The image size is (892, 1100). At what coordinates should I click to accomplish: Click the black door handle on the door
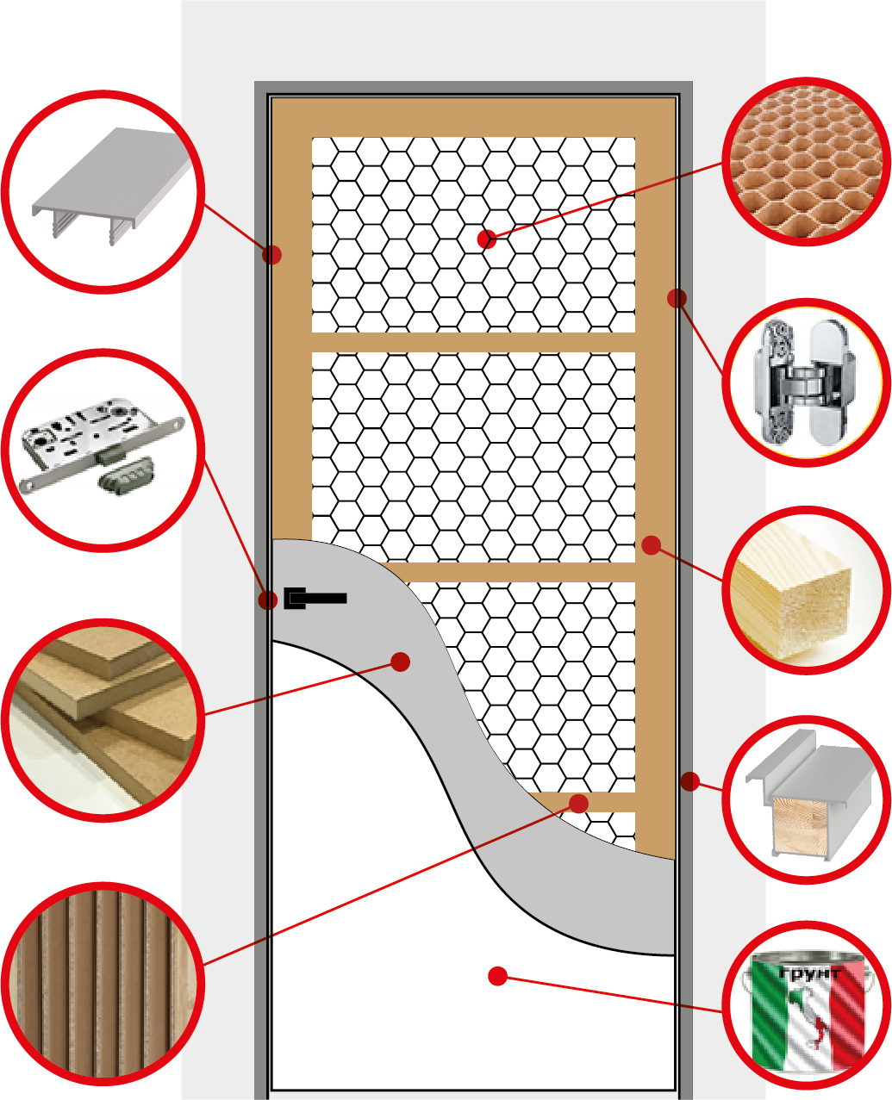[x=315, y=598]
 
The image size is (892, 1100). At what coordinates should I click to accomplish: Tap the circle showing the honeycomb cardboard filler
[x=806, y=162]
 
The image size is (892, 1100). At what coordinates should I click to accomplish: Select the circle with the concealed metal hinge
[x=806, y=382]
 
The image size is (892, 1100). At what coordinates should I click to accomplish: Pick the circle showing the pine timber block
[x=806, y=590]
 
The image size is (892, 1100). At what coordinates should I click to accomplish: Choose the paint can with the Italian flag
[x=808, y=1010]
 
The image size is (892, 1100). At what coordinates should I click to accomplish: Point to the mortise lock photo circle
[x=103, y=450]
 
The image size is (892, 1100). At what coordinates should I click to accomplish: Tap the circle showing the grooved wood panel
[x=103, y=982]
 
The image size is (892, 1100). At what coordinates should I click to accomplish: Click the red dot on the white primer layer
[x=497, y=976]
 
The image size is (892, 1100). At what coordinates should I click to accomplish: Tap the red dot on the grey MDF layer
[x=400, y=662]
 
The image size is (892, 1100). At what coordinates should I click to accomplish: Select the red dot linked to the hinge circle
[x=677, y=298]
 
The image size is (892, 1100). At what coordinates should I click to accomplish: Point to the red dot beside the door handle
[x=268, y=600]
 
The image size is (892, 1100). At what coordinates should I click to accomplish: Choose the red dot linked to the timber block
[x=652, y=545]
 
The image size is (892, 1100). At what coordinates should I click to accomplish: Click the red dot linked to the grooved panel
[x=579, y=804]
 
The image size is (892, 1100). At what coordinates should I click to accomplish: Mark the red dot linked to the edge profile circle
[x=271, y=254]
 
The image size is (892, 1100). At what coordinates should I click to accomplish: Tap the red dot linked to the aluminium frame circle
[x=689, y=781]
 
